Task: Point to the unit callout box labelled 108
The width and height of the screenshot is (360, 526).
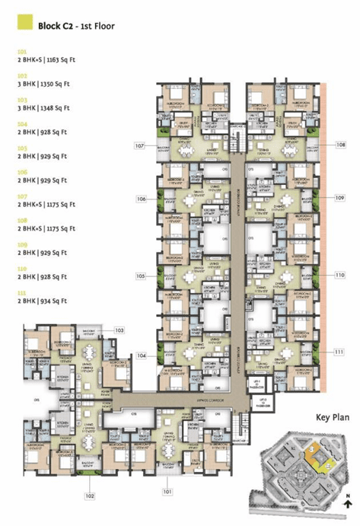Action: [339, 143]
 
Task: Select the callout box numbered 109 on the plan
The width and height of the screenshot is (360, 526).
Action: [339, 198]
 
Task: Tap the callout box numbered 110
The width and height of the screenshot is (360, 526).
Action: [339, 274]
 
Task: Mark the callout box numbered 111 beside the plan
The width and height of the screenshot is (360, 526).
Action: [339, 351]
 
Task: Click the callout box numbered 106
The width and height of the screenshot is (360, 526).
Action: [141, 199]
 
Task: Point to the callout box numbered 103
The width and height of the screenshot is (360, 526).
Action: [119, 330]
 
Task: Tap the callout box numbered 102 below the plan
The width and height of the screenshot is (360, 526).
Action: [90, 496]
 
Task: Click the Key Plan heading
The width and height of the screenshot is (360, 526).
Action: [332, 417]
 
